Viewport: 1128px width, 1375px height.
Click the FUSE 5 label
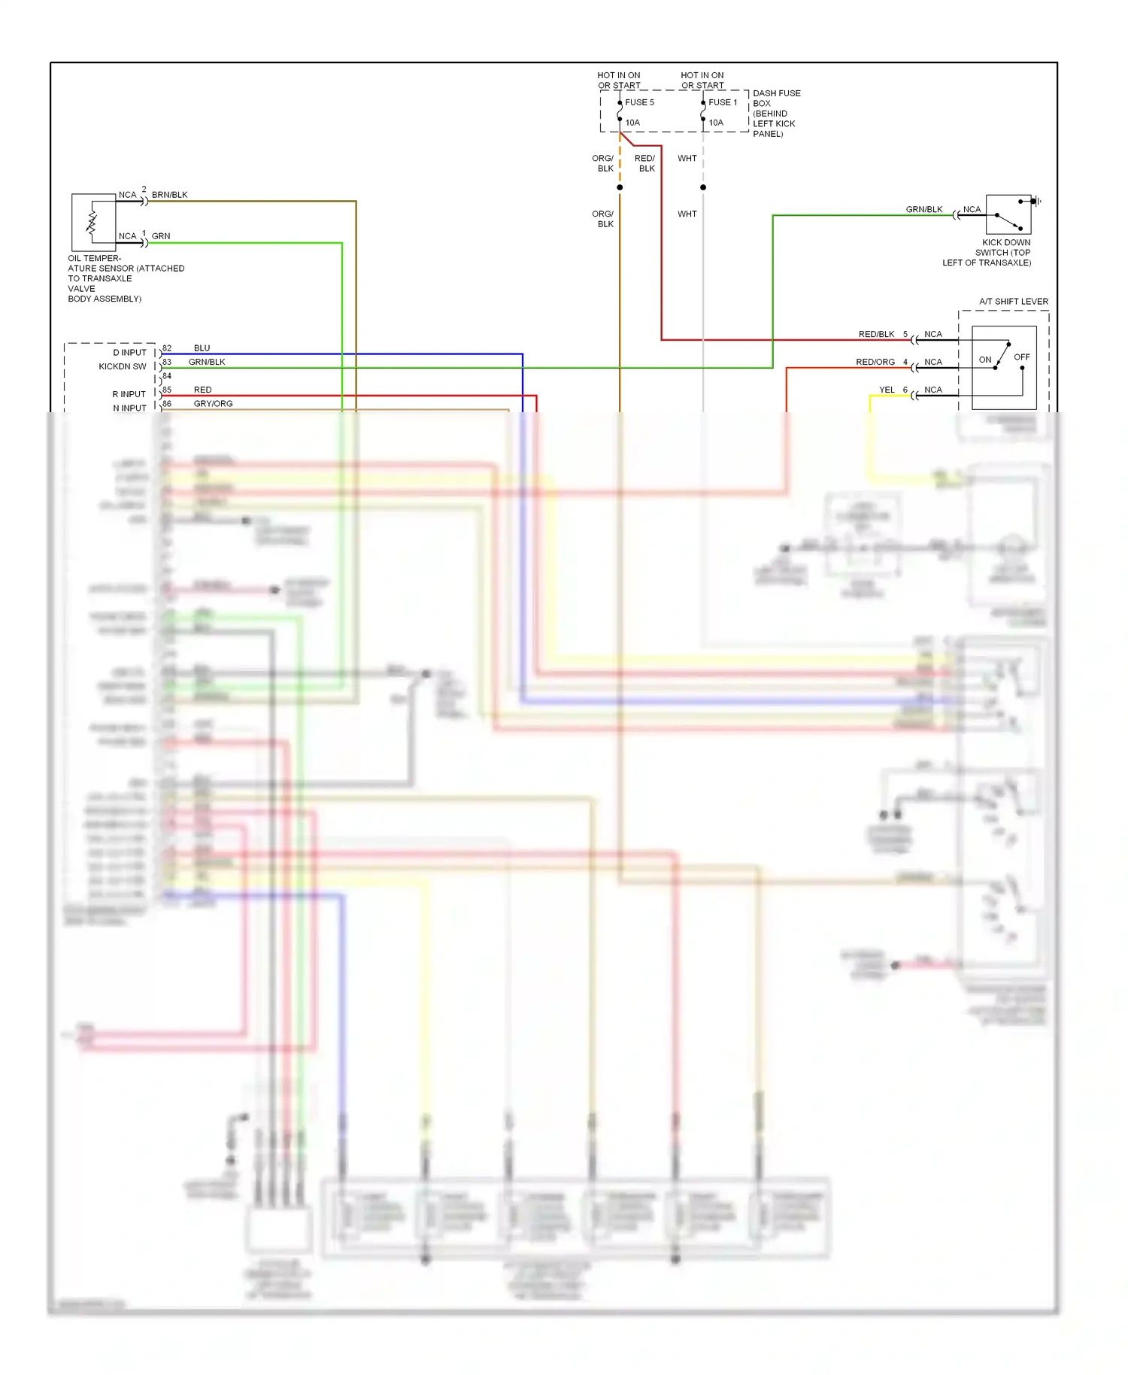coord(639,102)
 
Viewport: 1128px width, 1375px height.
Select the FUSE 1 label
coord(723,102)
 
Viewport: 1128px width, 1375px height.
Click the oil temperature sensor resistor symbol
coord(92,222)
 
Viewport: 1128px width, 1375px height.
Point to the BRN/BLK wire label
coord(170,195)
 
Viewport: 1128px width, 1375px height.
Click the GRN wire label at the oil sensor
coord(161,236)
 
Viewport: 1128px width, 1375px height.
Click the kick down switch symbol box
coord(1008,214)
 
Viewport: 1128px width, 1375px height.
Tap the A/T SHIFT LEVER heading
coord(1013,302)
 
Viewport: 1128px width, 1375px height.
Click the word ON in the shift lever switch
coord(985,360)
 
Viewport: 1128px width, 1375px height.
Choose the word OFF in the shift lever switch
coord(1021,357)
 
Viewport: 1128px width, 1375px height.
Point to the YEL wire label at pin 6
coord(887,390)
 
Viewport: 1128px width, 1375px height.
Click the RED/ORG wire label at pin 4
coord(875,362)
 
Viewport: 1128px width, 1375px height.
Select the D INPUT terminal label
coord(129,353)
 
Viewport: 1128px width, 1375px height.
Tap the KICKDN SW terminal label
coord(123,366)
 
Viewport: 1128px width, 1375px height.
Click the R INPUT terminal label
coord(129,394)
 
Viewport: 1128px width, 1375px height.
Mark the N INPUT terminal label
coord(129,408)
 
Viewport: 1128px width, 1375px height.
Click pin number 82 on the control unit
coord(167,348)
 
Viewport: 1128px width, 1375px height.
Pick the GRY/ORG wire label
coord(213,404)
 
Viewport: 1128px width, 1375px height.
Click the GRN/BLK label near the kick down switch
coord(923,210)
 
